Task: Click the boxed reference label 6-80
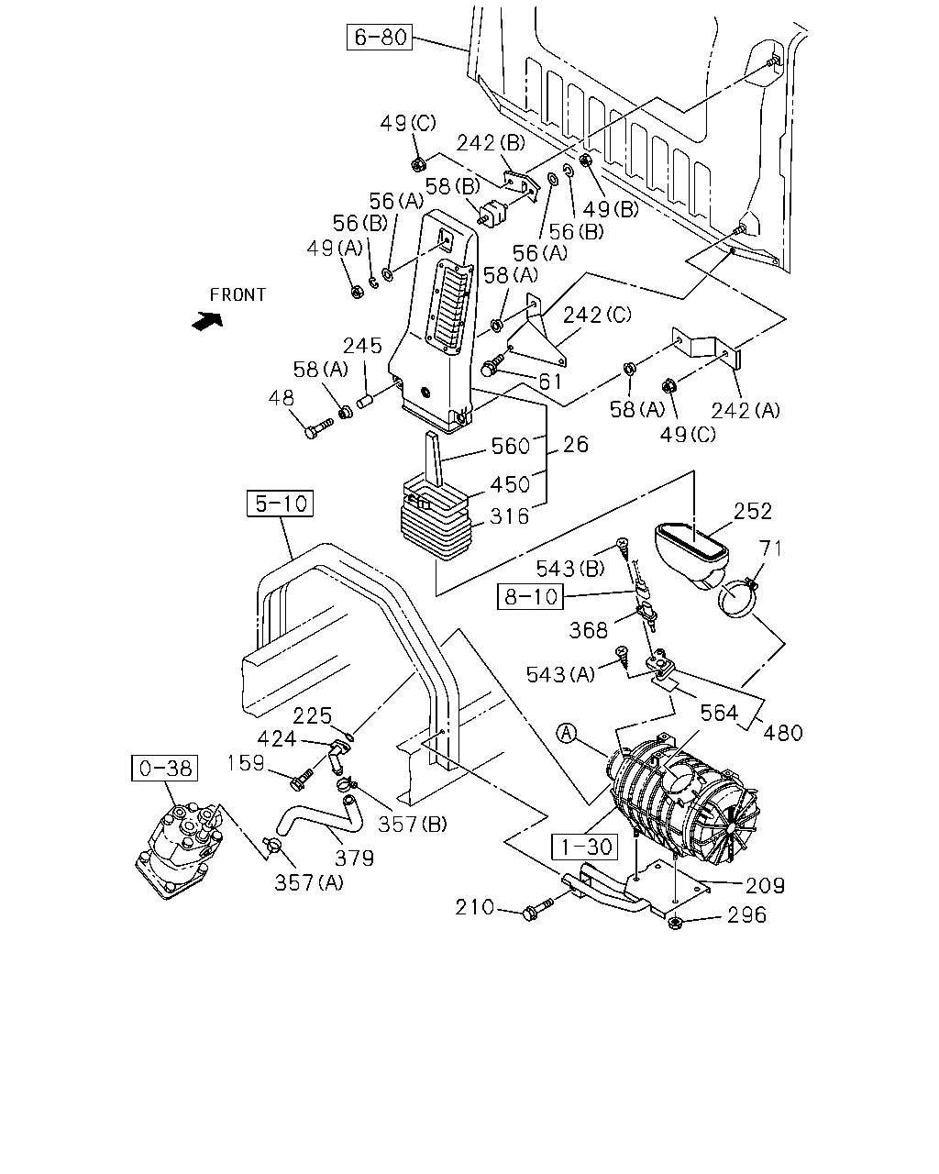point(380,37)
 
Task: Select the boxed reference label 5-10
point(281,503)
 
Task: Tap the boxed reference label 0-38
point(165,768)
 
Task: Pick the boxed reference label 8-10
point(530,596)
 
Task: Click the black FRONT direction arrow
point(207,320)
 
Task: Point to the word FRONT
point(238,295)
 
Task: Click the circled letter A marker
point(567,733)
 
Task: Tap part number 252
point(753,511)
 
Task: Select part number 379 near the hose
point(354,858)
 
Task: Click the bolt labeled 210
point(537,909)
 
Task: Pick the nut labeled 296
point(676,923)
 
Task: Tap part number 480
point(783,733)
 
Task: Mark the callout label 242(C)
point(597,315)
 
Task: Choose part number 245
point(362,346)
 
